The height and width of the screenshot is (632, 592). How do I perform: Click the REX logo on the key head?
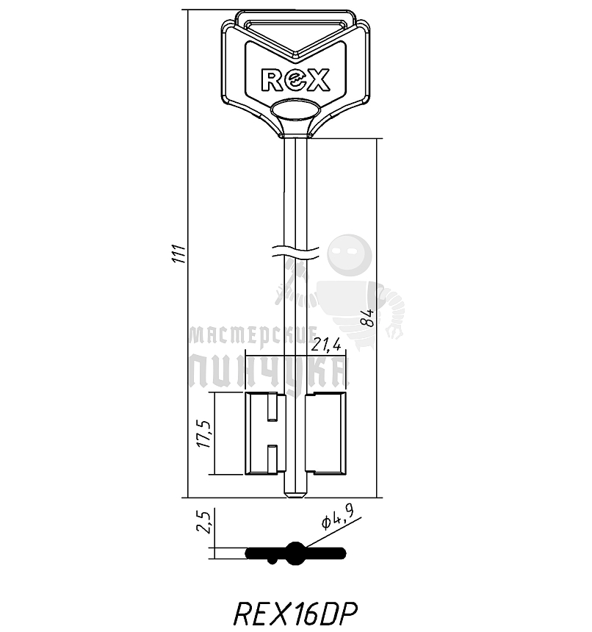coord(296,79)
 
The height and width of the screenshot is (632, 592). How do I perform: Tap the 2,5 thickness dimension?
coord(206,524)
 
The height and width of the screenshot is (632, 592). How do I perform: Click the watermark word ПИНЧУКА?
coord(267,371)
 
